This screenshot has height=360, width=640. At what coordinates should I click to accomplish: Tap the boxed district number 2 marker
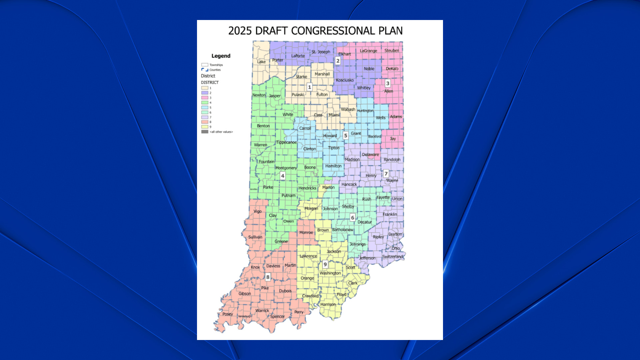click(338, 61)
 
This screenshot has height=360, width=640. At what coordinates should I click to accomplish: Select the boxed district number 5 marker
click(346, 135)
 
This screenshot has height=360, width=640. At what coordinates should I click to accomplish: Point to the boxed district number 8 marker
click(268, 277)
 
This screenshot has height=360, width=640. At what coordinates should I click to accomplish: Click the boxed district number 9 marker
click(325, 264)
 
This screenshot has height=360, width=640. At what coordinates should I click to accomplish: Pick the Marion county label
click(328, 187)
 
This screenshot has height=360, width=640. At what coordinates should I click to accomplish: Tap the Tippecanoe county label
click(286, 142)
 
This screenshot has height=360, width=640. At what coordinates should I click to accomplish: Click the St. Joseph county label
click(321, 52)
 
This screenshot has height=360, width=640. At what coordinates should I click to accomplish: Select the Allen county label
click(389, 91)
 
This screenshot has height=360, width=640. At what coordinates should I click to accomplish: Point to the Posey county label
click(228, 314)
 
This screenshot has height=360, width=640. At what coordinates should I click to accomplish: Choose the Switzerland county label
click(393, 257)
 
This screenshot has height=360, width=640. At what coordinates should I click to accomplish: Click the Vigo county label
click(258, 211)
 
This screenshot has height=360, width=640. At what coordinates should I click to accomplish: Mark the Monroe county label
click(306, 233)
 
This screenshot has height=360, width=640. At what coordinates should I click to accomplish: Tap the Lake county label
click(261, 62)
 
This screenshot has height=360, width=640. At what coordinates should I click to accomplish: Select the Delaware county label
click(370, 155)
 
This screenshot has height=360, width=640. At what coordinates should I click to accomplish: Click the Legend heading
click(221, 56)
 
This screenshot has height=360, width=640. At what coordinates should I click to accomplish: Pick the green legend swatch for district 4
click(205, 103)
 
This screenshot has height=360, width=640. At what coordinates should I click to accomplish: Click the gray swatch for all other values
click(205, 132)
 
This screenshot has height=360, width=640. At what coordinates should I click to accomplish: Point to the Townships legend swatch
click(205, 65)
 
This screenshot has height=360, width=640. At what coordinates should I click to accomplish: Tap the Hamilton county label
click(333, 166)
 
